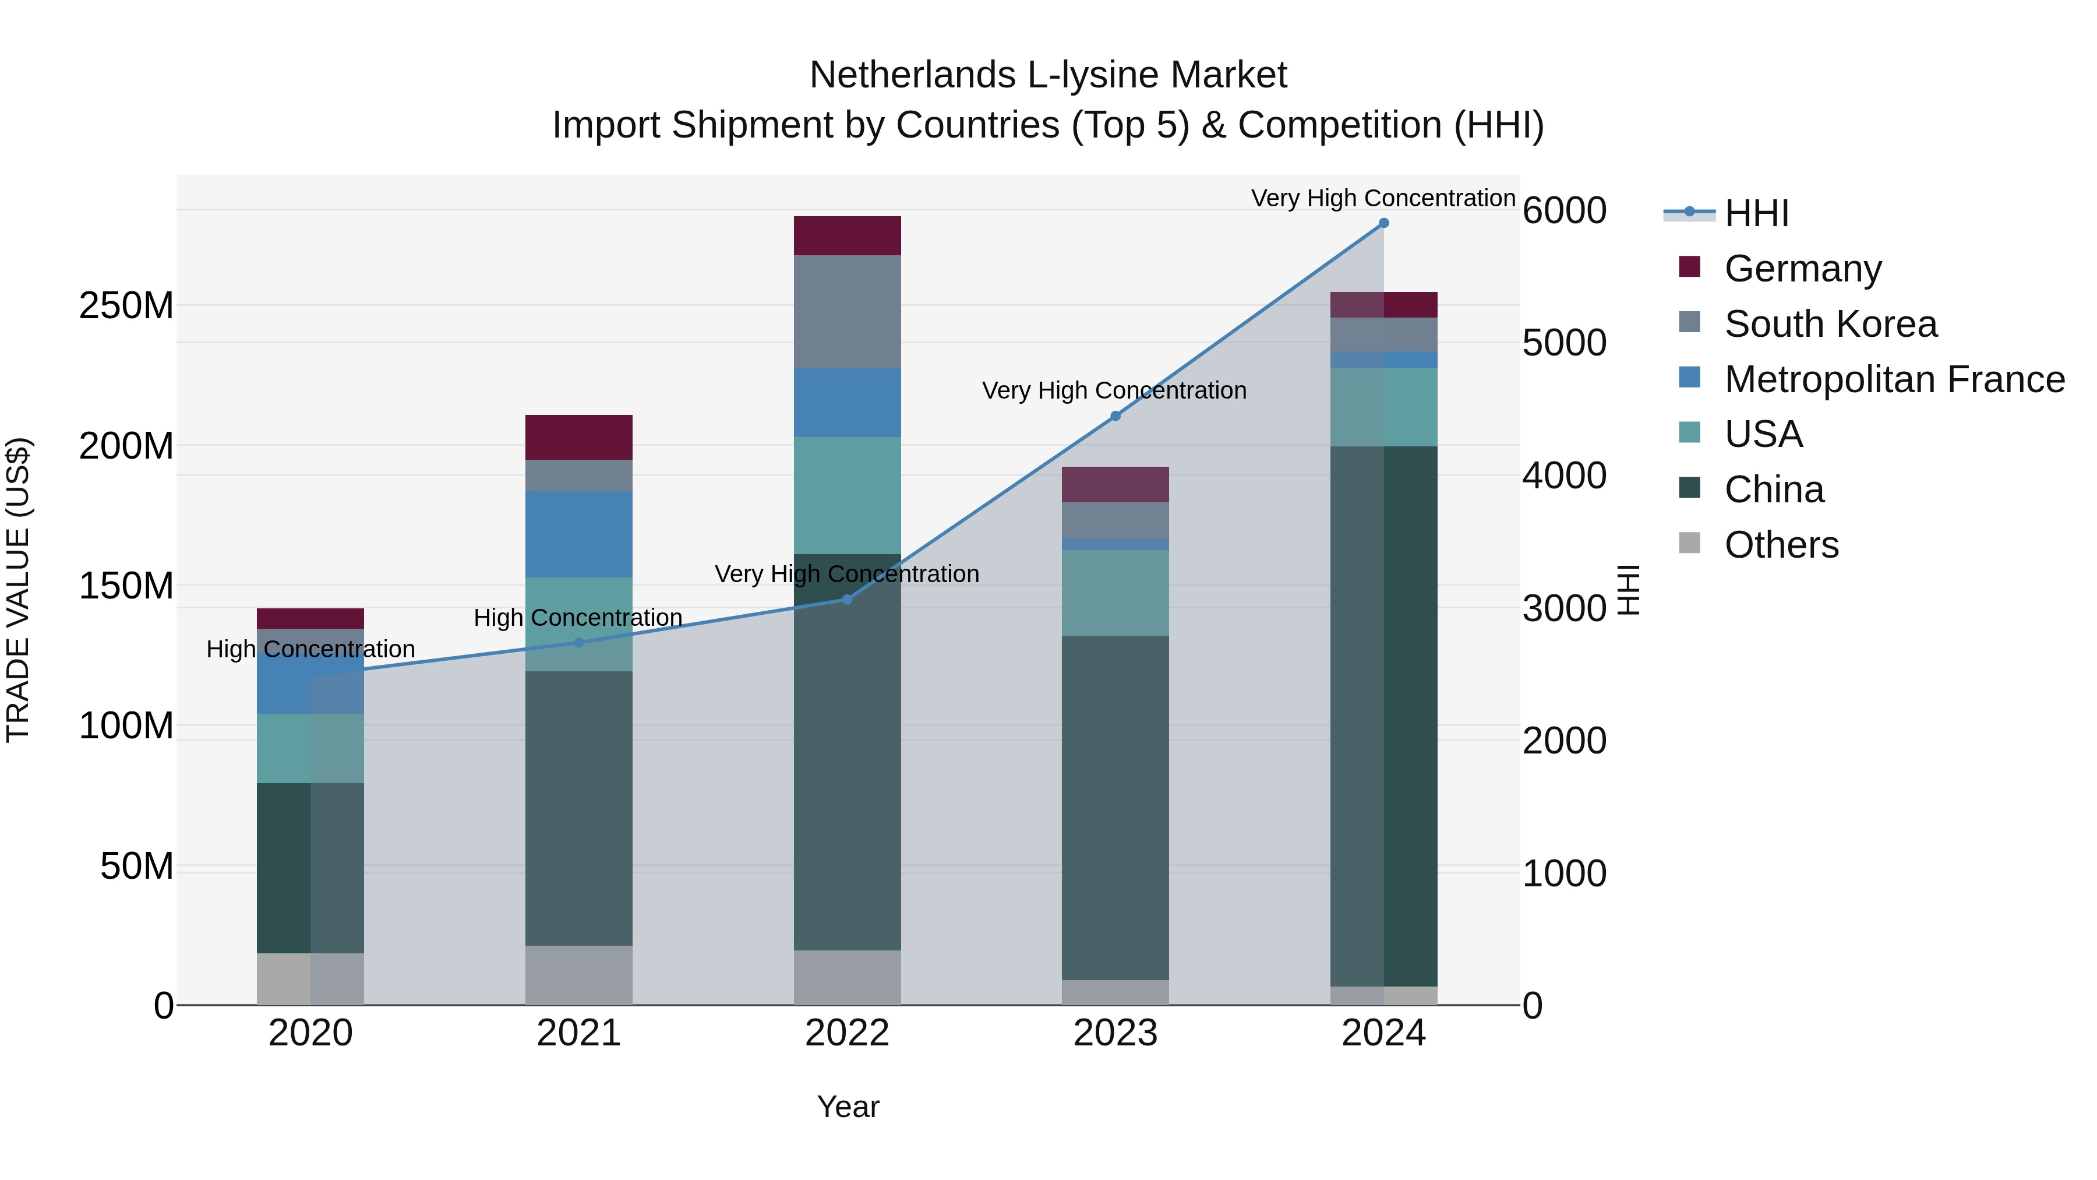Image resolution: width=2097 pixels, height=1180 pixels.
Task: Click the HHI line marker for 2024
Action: tap(1383, 223)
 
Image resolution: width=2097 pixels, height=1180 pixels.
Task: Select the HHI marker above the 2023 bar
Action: tap(1115, 416)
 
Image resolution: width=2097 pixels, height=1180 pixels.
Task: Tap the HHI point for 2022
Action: tap(846, 600)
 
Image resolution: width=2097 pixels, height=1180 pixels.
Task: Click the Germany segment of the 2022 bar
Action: tap(846, 236)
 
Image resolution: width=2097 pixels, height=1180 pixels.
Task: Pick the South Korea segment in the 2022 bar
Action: tap(846, 311)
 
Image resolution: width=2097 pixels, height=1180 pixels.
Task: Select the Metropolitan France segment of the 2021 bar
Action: tap(579, 534)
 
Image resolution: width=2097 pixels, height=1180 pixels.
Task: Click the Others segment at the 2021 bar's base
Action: tap(579, 975)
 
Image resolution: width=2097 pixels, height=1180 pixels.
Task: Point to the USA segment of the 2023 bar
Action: tap(1115, 592)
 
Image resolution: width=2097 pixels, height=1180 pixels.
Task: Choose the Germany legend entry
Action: tap(1802, 269)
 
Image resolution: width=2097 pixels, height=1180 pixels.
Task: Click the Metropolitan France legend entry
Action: tap(1894, 379)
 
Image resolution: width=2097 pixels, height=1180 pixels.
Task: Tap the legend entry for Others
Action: tap(1781, 545)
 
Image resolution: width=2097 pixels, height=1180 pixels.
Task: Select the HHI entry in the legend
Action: tap(1756, 213)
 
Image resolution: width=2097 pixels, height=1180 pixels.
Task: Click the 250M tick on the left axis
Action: tap(126, 306)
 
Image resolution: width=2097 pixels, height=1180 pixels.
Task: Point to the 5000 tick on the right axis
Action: tap(1564, 343)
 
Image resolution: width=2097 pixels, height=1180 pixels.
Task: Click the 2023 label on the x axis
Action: tap(1115, 1033)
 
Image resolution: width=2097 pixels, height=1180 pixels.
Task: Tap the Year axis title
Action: tap(848, 1107)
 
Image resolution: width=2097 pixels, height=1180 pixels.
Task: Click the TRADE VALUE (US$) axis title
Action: tap(18, 590)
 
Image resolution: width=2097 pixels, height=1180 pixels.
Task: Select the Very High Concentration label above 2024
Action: tap(1382, 198)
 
